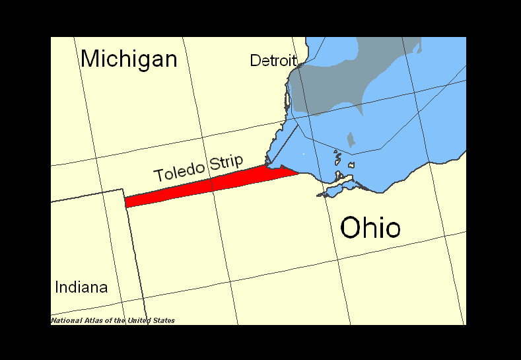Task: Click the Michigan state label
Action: click(129, 59)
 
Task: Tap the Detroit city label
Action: click(273, 61)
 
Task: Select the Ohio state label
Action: click(370, 228)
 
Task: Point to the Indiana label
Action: click(81, 287)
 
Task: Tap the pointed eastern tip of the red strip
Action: click(297, 173)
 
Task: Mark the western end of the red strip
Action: click(127, 201)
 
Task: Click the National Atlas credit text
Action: click(113, 320)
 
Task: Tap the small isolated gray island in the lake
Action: click(351, 139)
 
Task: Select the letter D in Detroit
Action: click(255, 61)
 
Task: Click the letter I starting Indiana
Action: click(57, 287)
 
